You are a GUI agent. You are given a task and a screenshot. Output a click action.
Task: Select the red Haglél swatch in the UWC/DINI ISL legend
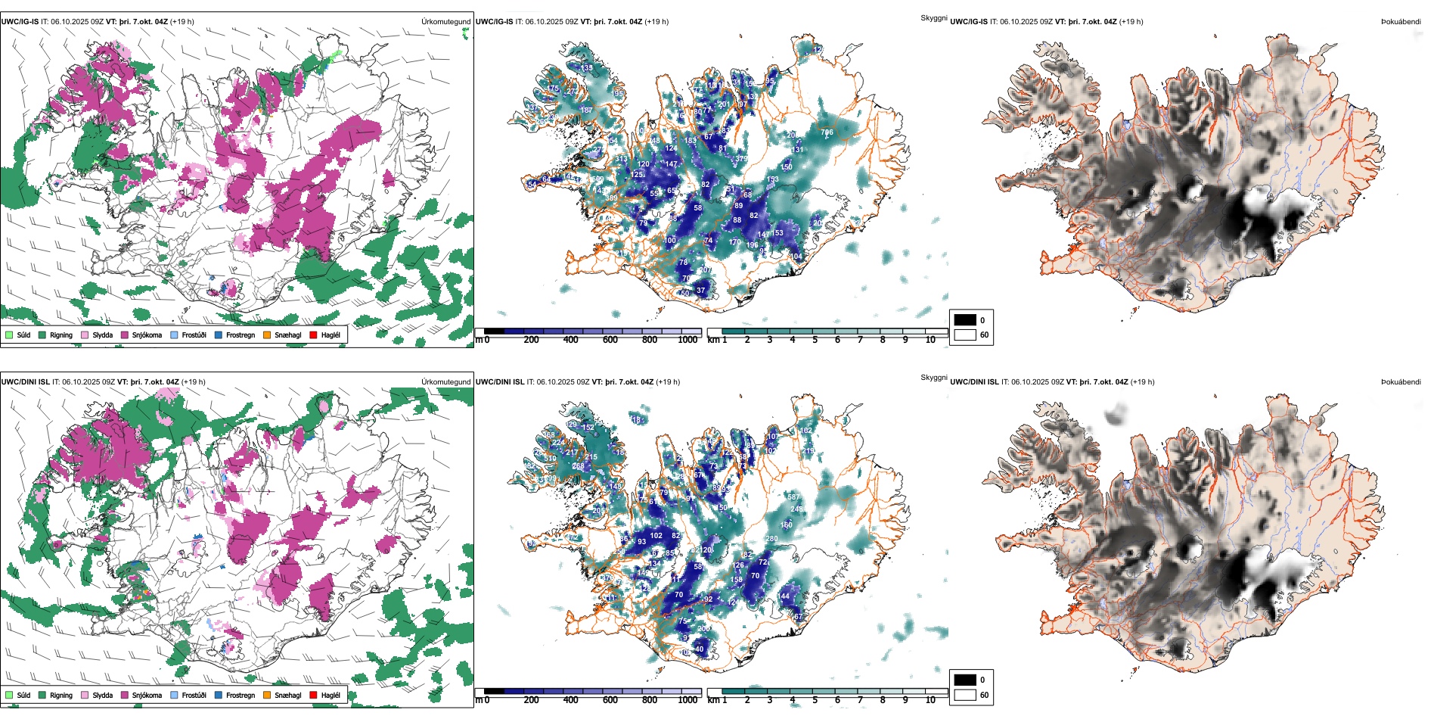[313, 695]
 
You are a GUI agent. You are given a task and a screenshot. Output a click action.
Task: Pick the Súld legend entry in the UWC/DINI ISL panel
[17, 695]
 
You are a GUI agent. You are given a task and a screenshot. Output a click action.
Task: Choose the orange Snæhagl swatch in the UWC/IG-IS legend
[267, 335]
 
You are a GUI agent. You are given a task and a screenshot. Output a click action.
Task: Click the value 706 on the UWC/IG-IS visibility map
[827, 132]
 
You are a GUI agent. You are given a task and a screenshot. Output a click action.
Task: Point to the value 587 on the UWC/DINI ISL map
[793, 497]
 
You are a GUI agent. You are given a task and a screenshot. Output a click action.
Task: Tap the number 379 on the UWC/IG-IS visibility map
[741, 159]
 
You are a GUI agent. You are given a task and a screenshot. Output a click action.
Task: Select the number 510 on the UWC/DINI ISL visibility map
[550, 459]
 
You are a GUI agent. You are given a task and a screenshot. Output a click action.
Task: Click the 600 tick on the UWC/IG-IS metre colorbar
[610, 340]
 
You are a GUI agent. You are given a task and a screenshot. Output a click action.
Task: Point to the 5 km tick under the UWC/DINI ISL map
[815, 700]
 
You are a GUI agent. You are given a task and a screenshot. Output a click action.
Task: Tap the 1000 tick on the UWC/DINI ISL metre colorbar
[687, 700]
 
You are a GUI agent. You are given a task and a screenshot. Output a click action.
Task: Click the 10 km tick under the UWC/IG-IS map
[930, 340]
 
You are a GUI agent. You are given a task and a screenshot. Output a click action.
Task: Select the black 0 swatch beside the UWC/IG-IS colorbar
[965, 320]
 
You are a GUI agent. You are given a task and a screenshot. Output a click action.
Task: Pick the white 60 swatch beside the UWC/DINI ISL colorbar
[965, 695]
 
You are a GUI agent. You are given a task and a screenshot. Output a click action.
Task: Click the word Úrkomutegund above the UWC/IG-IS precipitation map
[446, 22]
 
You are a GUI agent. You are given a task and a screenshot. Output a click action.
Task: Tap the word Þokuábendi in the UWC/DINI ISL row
[1401, 382]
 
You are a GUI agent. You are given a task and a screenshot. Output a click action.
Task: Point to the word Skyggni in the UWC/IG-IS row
[933, 17]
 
